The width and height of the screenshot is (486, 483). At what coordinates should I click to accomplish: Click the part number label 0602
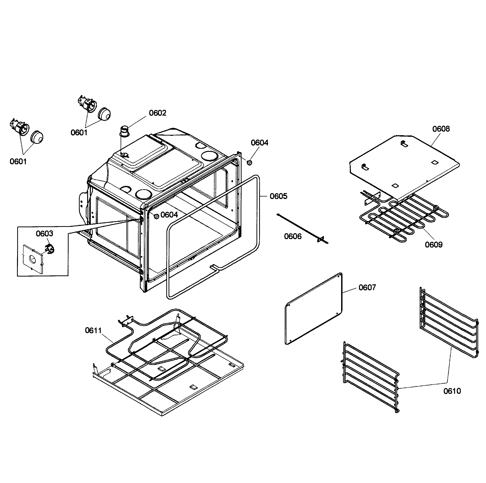[x=157, y=113]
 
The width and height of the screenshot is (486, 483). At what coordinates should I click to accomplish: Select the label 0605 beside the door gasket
[x=278, y=196]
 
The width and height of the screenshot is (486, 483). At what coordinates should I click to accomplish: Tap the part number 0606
[x=293, y=236]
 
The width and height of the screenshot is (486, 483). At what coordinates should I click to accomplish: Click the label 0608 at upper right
[x=441, y=129]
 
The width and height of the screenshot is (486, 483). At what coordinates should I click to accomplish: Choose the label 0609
[x=433, y=245]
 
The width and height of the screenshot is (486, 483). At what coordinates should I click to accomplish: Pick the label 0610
[x=452, y=391]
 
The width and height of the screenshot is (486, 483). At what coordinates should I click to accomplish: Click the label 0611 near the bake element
[x=93, y=330]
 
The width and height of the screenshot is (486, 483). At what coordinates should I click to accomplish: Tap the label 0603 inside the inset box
[x=44, y=234]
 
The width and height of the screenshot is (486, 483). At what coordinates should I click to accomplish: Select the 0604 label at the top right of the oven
[x=259, y=143]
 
